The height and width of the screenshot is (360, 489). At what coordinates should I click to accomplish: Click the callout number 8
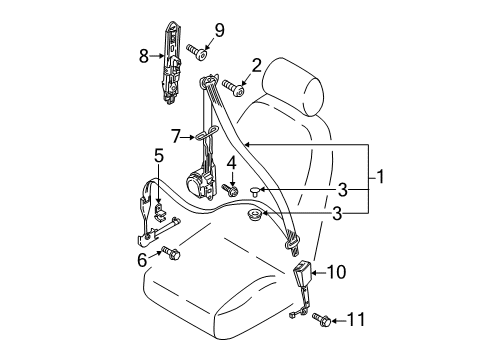pos(144,56)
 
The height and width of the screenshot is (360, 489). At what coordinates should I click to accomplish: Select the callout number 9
pos(219,30)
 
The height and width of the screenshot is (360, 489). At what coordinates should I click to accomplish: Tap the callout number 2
pos(256,66)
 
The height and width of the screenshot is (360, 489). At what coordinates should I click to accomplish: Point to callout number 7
pos(176,136)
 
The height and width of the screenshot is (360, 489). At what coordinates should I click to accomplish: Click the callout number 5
pos(159,156)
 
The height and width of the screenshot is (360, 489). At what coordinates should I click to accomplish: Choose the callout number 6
pos(142,260)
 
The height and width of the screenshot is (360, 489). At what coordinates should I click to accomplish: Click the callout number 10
pos(337,272)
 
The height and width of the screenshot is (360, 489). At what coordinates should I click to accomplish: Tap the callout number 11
pos(356,320)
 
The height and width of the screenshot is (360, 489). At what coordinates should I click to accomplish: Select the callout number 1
pos(380,177)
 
